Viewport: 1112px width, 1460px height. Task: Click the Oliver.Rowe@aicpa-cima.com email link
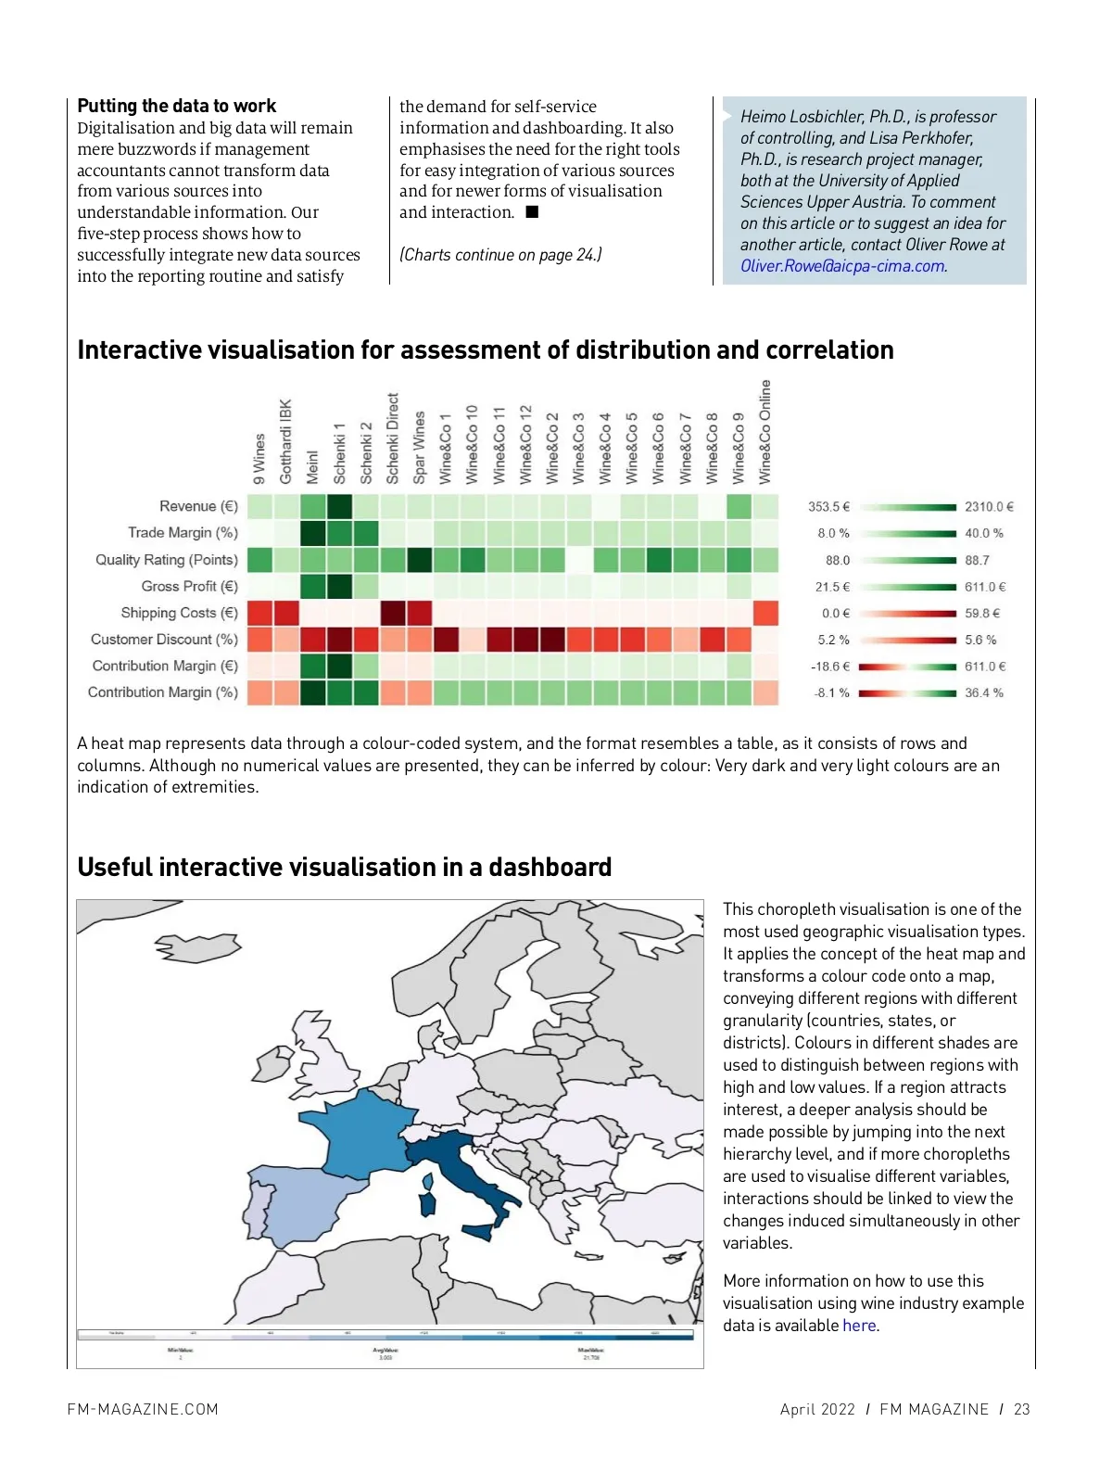tap(842, 266)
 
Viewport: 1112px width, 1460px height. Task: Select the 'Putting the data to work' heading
tap(176, 106)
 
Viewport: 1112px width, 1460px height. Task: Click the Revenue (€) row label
tap(198, 506)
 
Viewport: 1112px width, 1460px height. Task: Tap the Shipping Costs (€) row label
tap(179, 613)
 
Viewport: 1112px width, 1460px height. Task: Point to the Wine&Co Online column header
tap(765, 432)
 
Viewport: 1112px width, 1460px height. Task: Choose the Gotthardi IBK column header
tap(285, 442)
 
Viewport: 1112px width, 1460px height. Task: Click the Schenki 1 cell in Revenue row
tap(340, 506)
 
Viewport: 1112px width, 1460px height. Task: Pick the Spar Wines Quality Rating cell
tap(420, 560)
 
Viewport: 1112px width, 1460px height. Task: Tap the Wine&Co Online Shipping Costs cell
tap(765, 613)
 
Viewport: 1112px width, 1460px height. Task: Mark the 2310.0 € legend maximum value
tap(989, 507)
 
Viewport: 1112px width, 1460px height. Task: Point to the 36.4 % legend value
tap(983, 692)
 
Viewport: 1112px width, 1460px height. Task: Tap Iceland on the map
tap(196, 946)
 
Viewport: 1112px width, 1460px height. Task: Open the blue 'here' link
tap(858, 1326)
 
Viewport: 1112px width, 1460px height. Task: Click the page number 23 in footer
tap(1021, 1409)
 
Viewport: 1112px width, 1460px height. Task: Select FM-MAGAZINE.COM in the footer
tap(143, 1409)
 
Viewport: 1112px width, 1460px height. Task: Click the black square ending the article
tap(532, 212)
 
